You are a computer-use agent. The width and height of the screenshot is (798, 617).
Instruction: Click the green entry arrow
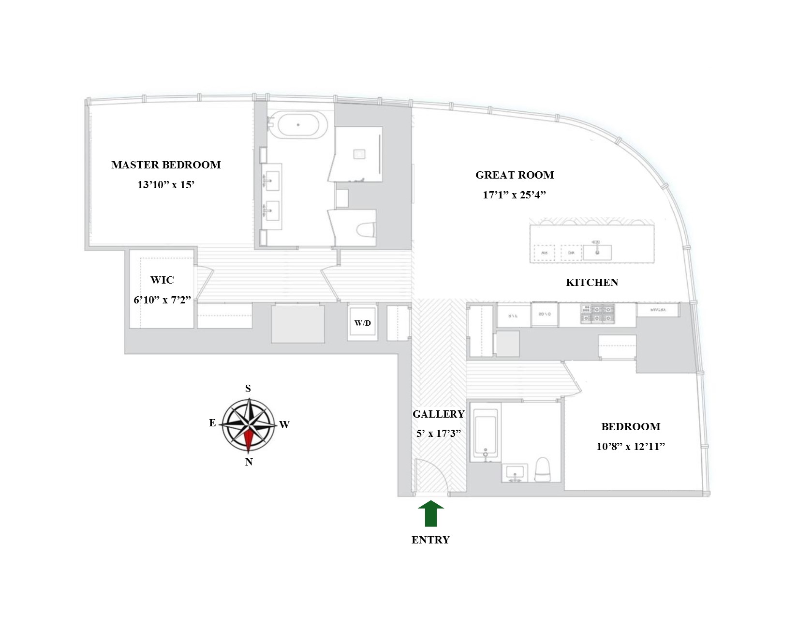point(430,513)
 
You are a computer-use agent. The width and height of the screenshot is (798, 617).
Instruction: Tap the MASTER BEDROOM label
point(166,165)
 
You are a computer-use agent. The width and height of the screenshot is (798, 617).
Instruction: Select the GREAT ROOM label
point(515,175)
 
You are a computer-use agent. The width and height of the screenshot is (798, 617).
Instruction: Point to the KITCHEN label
point(592,283)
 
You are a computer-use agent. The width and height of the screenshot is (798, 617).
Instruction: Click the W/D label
point(363,323)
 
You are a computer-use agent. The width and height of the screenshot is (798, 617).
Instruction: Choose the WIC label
point(162,280)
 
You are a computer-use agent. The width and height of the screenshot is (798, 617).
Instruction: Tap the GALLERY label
point(438,414)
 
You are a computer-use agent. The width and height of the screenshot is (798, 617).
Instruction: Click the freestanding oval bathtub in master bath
point(298,125)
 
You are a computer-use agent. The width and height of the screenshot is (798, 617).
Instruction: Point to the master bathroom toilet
point(366,230)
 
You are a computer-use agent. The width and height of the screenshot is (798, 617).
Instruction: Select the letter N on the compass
point(249,462)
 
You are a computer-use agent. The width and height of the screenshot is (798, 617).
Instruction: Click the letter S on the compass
point(248,389)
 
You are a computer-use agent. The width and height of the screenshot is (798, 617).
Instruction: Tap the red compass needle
point(249,439)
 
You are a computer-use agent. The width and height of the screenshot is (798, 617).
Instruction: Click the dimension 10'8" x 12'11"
point(631,447)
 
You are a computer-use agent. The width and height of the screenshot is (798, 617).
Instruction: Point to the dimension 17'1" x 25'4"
point(514,195)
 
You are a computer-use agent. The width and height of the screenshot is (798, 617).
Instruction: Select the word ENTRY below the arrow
point(430,540)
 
